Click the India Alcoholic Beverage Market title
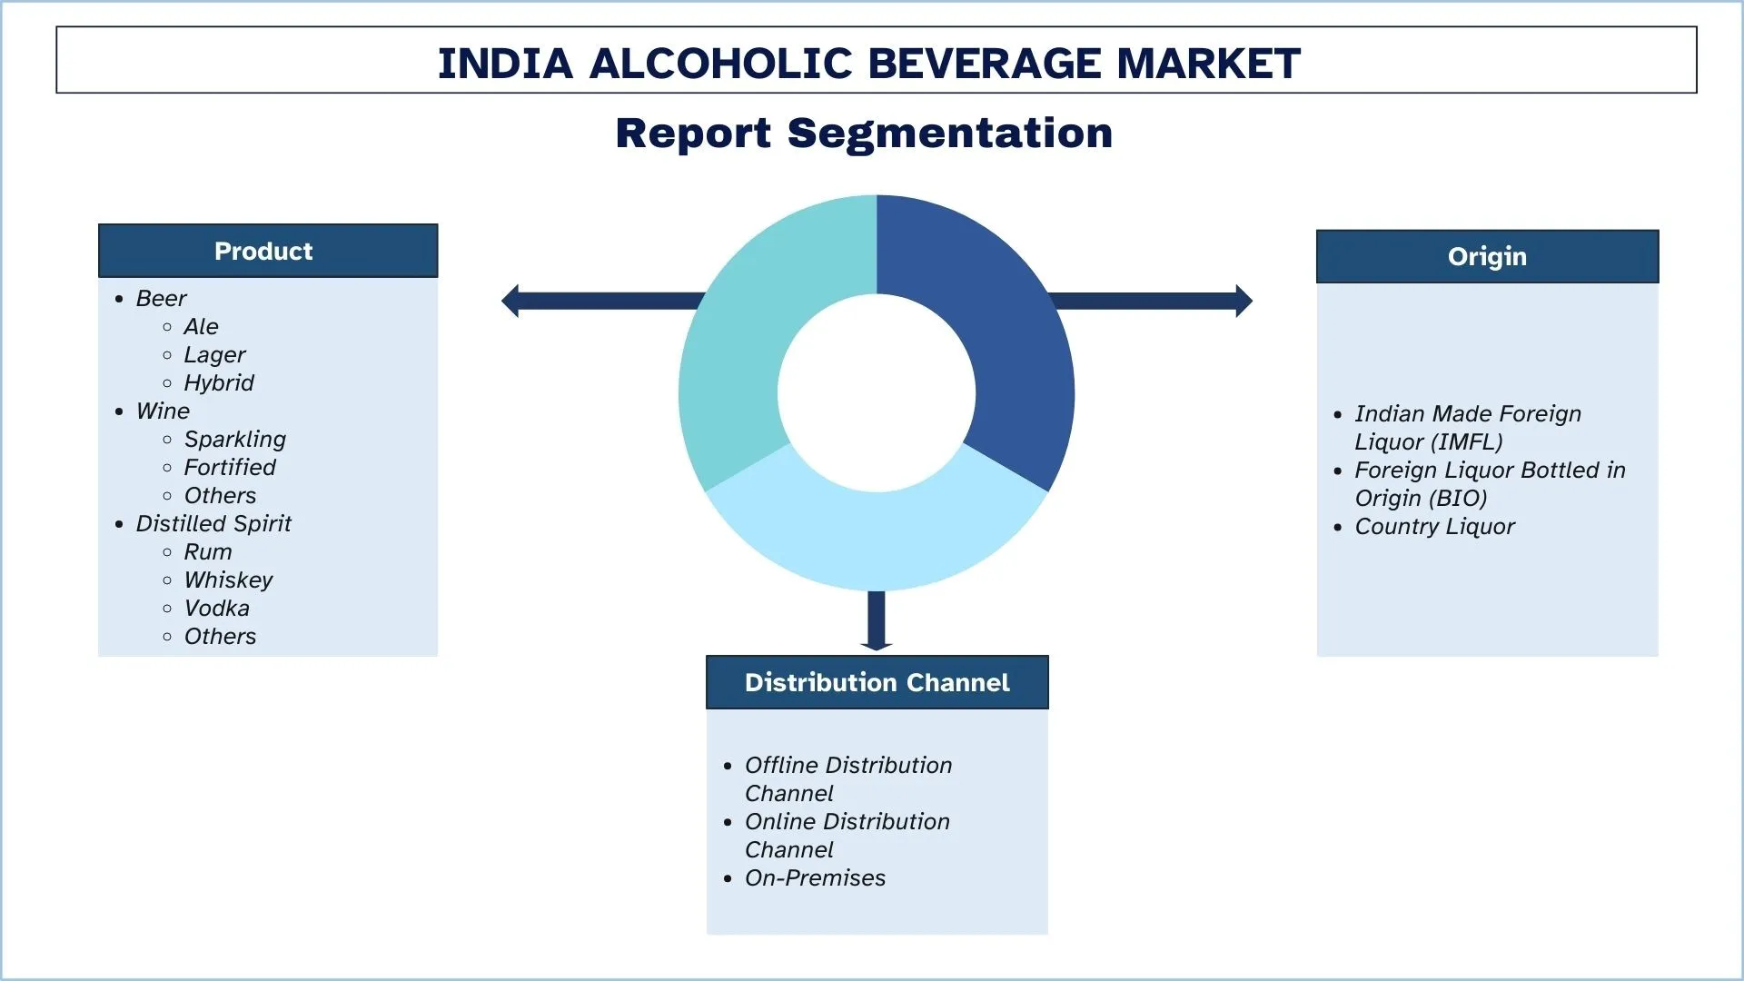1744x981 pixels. (868, 63)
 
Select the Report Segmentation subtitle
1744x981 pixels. (864, 134)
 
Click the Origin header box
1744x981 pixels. (1487, 256)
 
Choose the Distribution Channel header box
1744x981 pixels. (877, 682)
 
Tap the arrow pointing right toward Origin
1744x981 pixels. (1154, 301)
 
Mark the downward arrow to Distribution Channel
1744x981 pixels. (877, 621)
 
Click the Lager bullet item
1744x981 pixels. (214, 355)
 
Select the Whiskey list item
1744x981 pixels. (228, 580)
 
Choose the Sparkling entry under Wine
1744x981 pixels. (234, 440)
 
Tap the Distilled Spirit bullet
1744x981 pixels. (213, 524)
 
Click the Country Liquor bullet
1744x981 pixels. (1434, 527)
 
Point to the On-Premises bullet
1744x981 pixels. (815, 878)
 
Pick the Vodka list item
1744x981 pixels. (216, 609)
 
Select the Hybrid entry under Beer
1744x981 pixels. (219, 383)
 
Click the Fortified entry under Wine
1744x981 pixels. (230, 468)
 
